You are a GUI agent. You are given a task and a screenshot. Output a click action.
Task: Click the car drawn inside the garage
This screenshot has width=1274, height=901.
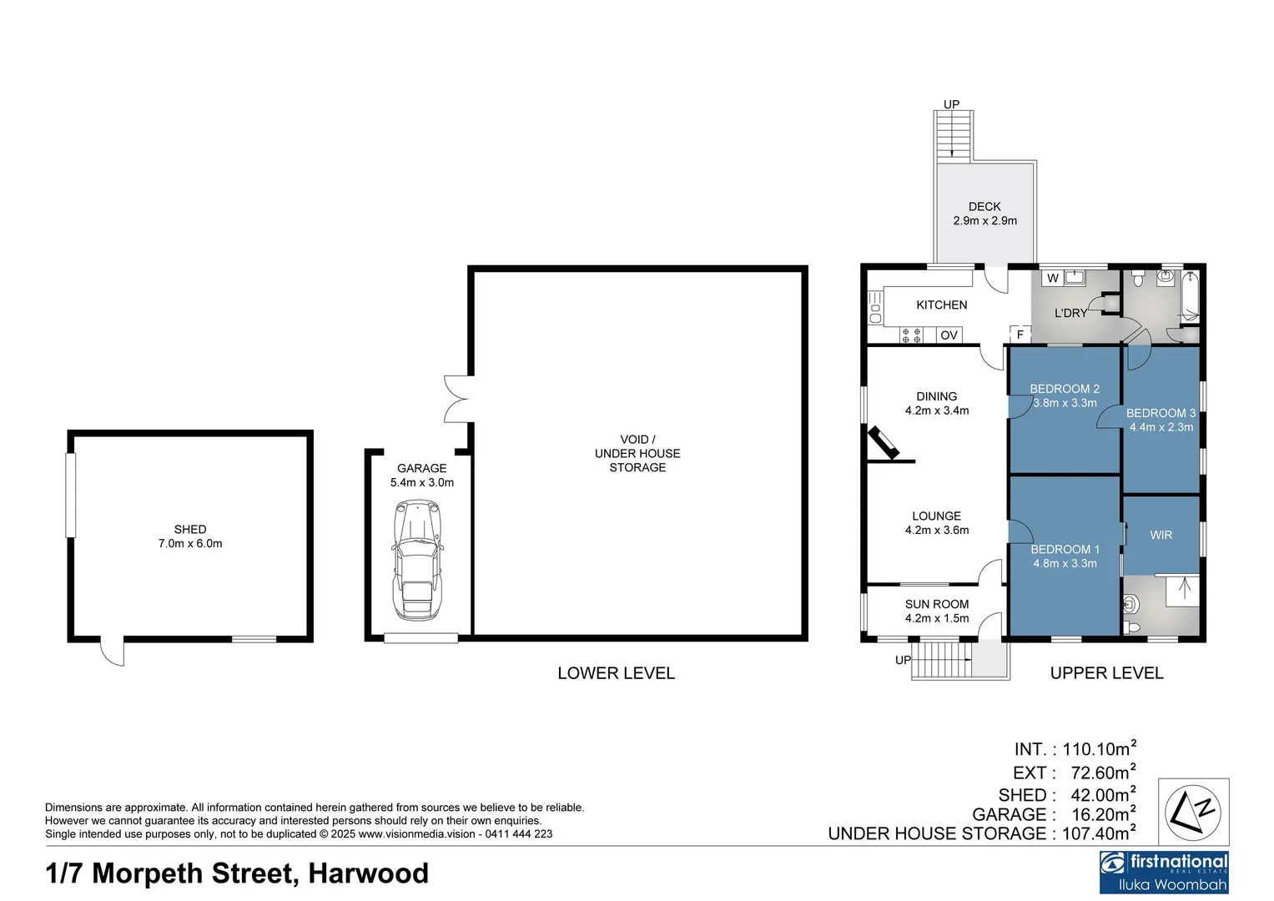pyautogui.click(x=416, y=559)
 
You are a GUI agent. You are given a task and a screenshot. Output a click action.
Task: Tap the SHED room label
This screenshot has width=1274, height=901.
pyautogui.click(x=190, y=529)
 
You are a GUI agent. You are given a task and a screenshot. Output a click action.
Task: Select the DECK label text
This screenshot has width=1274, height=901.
pyautogui.click(x=984, y=206)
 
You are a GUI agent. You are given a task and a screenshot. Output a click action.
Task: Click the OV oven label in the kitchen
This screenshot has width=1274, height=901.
pyautogui.click(x=949, y=335)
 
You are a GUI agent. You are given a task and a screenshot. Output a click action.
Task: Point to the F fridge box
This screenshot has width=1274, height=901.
pyautogui.click(x=1020, y=335)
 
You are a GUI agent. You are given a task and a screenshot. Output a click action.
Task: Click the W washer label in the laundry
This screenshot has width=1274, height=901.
pyautogui.click(x=1053, y=279)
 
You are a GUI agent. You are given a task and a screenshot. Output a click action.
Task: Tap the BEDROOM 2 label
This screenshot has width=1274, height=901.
pyautogui.click(x=1065, y=389)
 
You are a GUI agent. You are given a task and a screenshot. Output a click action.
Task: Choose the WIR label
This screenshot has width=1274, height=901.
pyautogui.click(x=1161, y=535)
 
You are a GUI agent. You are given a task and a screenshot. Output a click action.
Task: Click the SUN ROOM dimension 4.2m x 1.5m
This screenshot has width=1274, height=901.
pyautogui.click(x=937, y=618)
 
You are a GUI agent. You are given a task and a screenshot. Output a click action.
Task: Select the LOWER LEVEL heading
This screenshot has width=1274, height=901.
pyautogui.click(x=616, y=673)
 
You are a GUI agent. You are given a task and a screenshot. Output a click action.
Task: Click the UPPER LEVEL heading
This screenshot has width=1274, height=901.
pyautogui.click(x=1106, y=673)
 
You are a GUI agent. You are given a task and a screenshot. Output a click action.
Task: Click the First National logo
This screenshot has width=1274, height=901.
pyautogui.click(x=1164, y=872)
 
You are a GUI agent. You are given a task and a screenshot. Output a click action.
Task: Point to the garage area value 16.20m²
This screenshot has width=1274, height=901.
pyautogui.click(x=1103, y=814)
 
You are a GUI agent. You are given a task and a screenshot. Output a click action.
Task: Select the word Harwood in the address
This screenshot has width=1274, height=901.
pyautogui.click(x=369, y=873)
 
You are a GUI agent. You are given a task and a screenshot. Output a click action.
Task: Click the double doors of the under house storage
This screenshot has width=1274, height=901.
pyautogui.click(x=456, y=399)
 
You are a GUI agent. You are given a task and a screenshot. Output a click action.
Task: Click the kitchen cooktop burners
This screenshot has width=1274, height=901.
pyautogui.click(x=911, y=335)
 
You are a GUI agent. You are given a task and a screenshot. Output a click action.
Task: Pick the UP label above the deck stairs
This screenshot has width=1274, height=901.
pyautogui.click(x=951, y=104)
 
